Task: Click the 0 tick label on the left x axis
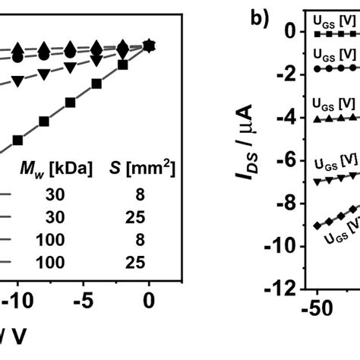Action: point(150,300)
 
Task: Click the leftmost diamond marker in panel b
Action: point(317,226)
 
